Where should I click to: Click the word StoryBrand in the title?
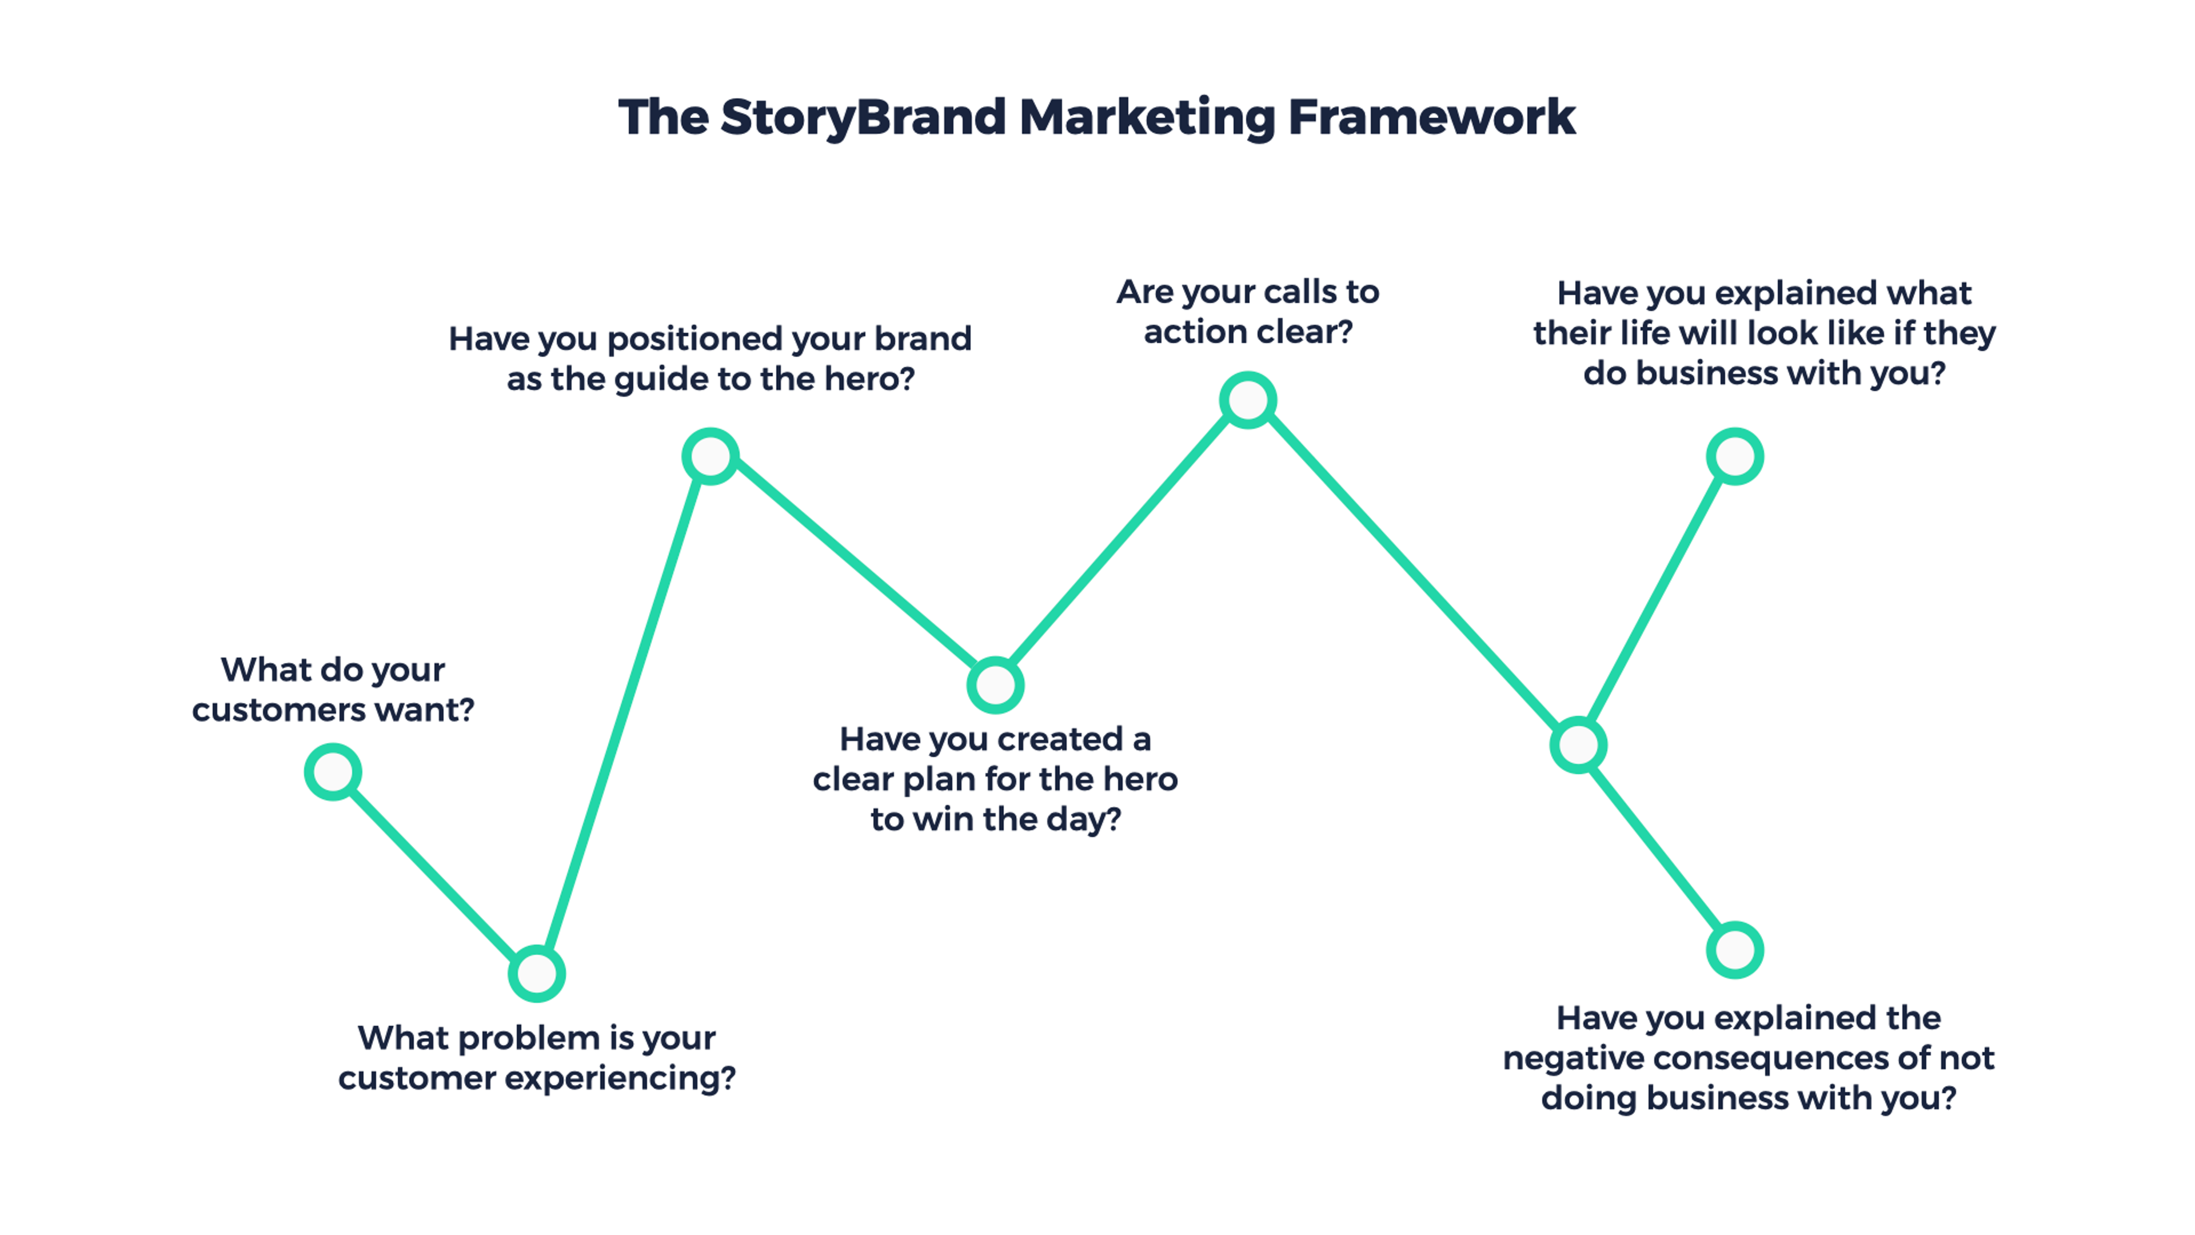coord(863,118)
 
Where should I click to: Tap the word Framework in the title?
coord(1431,118)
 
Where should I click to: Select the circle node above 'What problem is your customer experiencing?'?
coord(536,973)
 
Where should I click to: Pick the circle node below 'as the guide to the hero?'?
coord(710,457)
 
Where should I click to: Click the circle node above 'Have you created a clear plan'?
coord(995,684)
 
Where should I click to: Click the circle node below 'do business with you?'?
coord(1734,457)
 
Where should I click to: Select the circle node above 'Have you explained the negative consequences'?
coord(1734,950)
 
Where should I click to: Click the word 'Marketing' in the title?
coord(1147,118)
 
